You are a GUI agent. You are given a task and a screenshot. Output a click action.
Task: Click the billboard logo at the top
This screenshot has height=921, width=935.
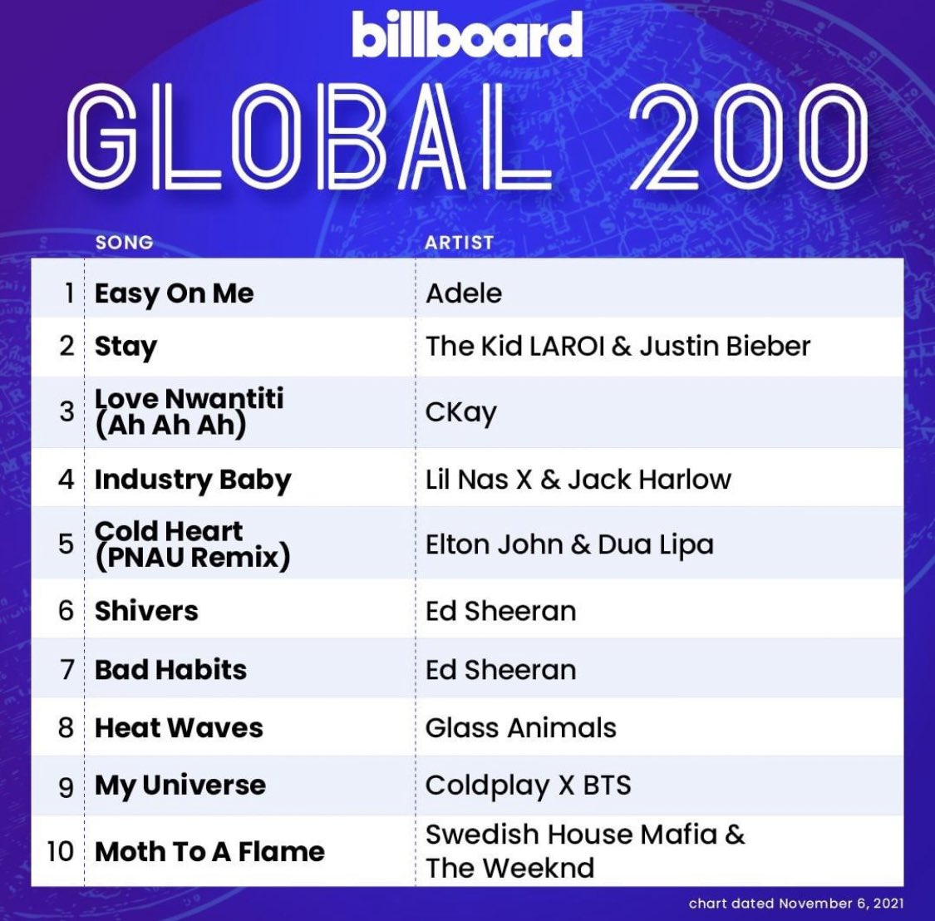pyautogui.click(x=466, y=35)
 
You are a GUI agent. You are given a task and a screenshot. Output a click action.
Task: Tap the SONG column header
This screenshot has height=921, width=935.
pyautogui.click(x=124, y=243)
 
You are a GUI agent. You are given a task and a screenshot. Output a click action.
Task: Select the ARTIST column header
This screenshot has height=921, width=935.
pyautogui.click(x=459, y=243)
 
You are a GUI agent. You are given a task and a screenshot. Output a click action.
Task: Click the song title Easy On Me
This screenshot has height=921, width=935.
pyautogui.click(x=174, y=293)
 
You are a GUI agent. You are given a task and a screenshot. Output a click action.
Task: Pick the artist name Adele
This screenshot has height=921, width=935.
pyautogui.click(x=464, y=293)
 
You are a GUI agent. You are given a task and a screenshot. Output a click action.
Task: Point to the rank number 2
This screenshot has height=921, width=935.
pyautogui.click(x=67, y=346)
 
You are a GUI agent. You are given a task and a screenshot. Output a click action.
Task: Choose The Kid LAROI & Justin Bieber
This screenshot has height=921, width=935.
pyautogui.click(x=618, y=346)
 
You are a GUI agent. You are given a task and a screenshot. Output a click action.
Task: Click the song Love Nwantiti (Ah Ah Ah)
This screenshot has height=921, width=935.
pyautogui.click(x=189, y=411)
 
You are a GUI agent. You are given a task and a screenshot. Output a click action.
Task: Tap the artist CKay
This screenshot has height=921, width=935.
pyautogui.click(x=460, y=412)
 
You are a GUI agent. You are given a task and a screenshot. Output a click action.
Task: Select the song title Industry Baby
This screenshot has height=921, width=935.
pyautogui.click(x=193, y=480)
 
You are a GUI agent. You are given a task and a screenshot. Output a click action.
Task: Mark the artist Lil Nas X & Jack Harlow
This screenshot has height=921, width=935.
pyautogui.click(x=578, y=480)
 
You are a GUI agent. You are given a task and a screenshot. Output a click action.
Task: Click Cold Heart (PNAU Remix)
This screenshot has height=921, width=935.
pyautogui.click(x=192, y=544)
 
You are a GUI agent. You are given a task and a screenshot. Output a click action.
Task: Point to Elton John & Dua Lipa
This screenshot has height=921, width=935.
pyautogui.click(x=569, y=544)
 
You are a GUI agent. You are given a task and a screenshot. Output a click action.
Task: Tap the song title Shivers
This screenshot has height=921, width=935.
pyautogui.click(x=146, y=611)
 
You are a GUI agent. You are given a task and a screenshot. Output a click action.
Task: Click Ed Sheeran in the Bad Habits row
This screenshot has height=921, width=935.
pyautogui.click(x=500, y=670)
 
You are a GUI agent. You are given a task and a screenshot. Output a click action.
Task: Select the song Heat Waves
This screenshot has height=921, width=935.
pyautogui.click(x=179, y=728)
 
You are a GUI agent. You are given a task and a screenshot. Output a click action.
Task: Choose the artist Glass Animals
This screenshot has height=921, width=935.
pyautogui.click(x=520, y=728)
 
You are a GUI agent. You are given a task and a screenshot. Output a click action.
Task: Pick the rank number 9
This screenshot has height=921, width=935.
pyautogui.click(x=66, y=786)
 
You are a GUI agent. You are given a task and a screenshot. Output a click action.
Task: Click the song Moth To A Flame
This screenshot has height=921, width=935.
pyautogui.click(x=209, y=852)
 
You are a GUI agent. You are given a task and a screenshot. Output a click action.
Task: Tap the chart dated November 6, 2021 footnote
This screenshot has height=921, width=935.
pyautogui.click(x=795, y=904)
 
